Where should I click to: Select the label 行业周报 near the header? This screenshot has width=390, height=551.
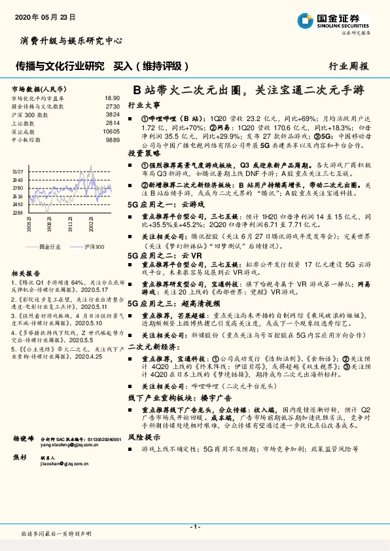(x=349, y=67)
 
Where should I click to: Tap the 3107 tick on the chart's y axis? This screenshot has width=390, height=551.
(x=18, y=171)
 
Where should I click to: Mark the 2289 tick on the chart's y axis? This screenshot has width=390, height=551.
(x=18, y=213)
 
